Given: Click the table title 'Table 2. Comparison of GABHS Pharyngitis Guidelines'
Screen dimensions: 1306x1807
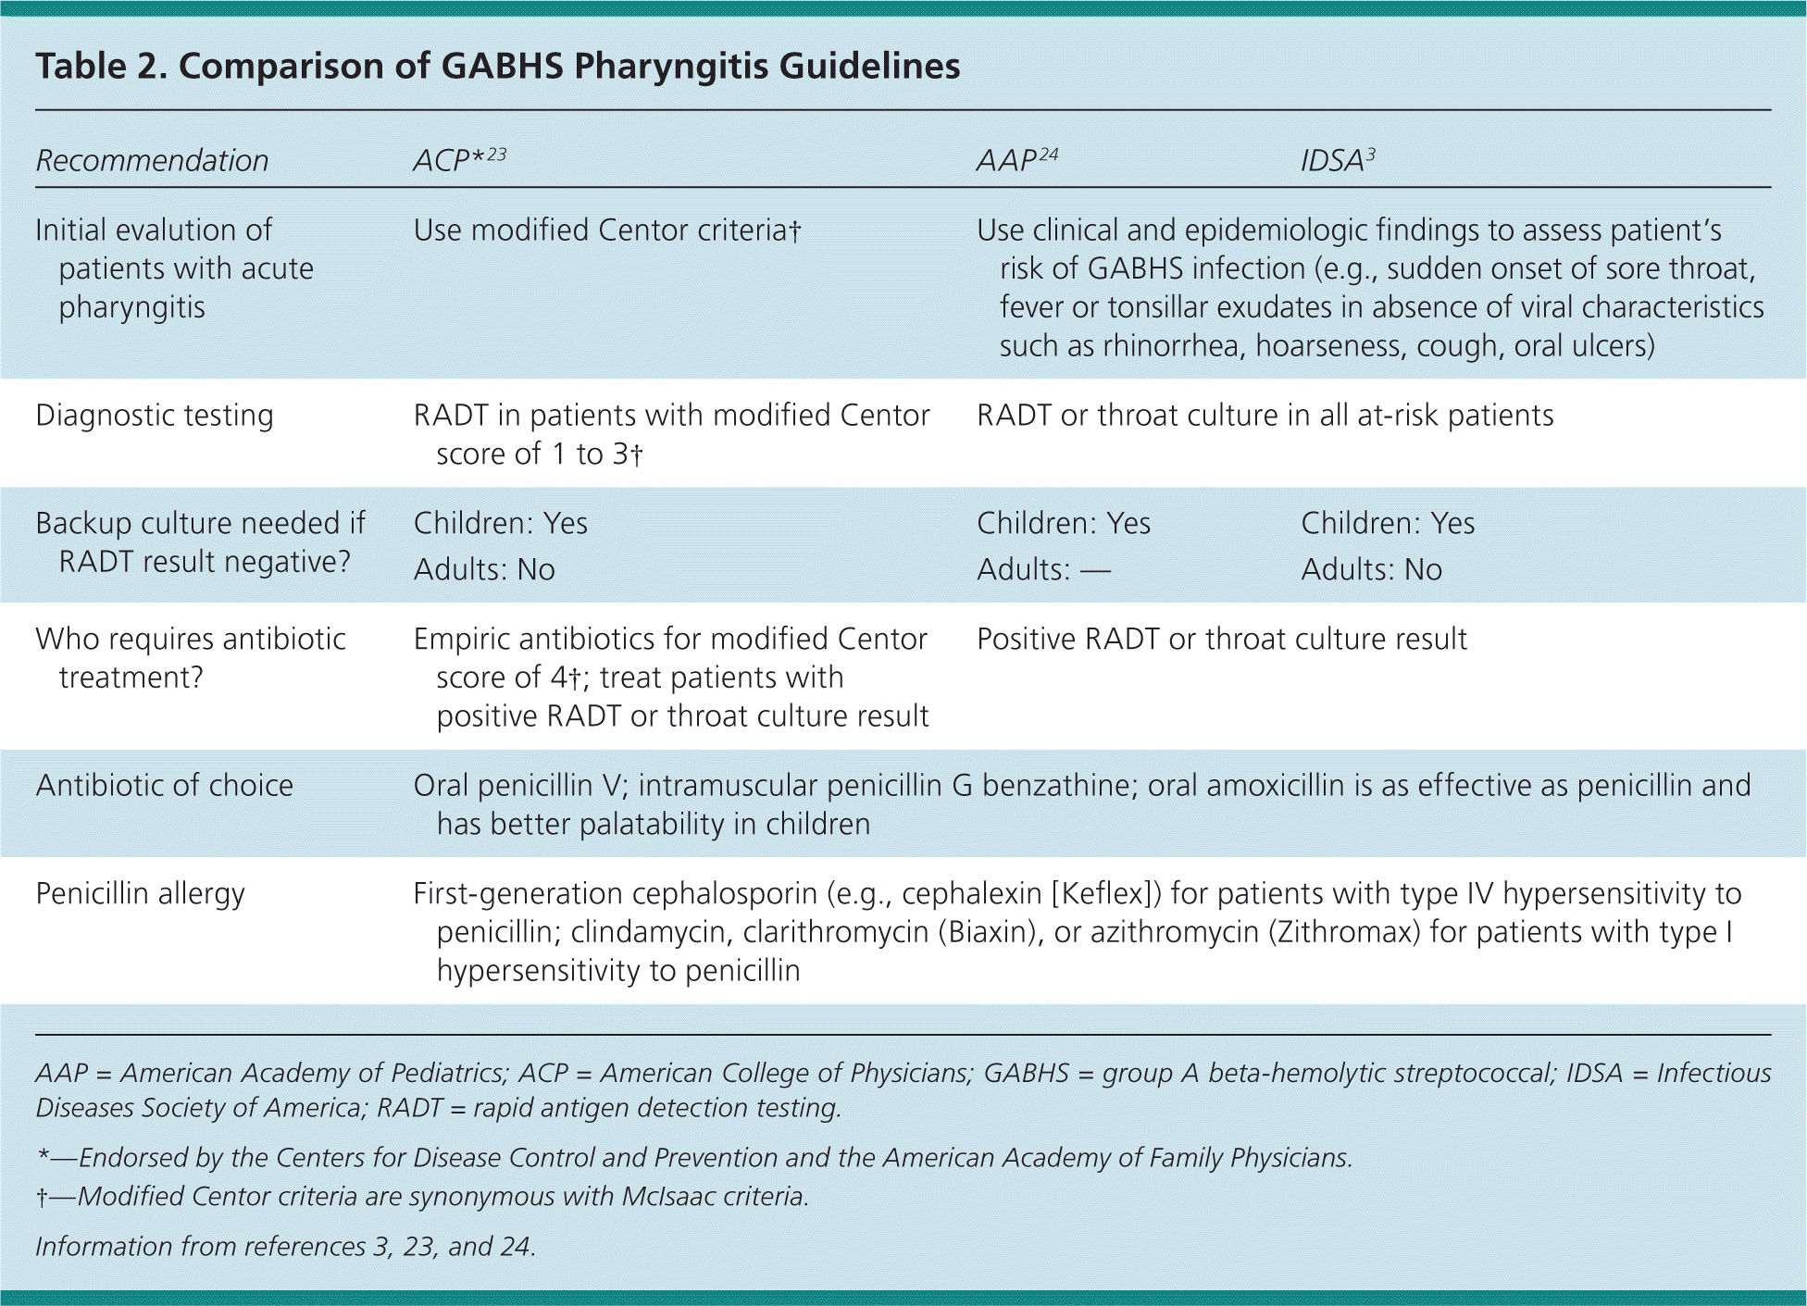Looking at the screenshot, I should pos(498,67).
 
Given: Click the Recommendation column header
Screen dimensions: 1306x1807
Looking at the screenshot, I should pos(152,160).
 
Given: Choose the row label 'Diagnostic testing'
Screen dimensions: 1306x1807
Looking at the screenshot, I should pos(155,416).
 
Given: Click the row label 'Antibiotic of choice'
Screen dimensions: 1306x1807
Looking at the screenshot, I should pos(165,785).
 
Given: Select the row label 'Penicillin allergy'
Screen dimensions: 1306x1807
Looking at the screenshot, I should pos(141,893).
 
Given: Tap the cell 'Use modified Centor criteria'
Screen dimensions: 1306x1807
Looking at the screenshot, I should pos(606,230).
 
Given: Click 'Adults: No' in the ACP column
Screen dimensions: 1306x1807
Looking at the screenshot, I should pos(484,569).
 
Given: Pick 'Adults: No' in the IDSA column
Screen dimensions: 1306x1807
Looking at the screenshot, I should pos(1371,569).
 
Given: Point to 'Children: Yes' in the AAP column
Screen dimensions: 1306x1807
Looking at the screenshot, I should pos(1064,523).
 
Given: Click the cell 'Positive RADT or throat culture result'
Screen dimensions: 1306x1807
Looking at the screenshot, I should pos(1222,639).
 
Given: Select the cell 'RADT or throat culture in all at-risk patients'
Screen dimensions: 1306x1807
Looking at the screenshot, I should pos(1265,416).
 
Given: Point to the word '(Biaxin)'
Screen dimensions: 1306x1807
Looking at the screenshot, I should pos(986,932).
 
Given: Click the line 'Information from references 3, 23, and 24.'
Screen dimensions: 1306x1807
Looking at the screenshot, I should pos(285,1247).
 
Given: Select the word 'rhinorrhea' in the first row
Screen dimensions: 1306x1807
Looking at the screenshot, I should pos(1170,346).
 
